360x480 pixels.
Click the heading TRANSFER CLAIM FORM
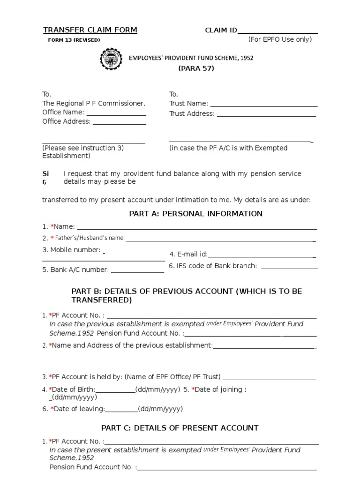[90, 30]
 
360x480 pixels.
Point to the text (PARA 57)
[196, 68]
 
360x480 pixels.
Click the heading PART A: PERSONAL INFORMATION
[195, 214]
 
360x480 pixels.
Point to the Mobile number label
[71, 250]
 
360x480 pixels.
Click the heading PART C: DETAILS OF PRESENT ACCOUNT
[180, 428]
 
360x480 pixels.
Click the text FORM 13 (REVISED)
[74, 40]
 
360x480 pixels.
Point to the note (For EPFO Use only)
[280, 39]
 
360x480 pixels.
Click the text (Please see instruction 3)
[83, 148]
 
